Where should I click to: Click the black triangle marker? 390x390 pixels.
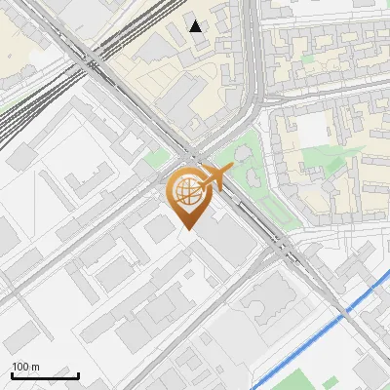197,26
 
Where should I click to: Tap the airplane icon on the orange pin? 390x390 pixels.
214,178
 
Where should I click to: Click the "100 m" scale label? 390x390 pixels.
25,367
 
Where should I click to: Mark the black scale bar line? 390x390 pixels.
45,375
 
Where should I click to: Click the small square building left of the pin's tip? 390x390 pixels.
159,230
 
